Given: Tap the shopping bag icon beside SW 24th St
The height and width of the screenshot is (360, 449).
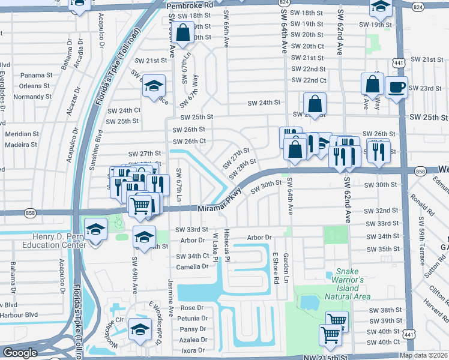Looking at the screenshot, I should pos(315,104).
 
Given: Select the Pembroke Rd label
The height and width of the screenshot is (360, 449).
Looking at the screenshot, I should pos(190,4).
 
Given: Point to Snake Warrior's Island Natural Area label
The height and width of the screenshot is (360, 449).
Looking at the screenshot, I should pos(348,284).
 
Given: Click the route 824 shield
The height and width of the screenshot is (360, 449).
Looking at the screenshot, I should pos(418,6).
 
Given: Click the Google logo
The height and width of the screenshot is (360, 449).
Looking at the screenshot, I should pos(20,353).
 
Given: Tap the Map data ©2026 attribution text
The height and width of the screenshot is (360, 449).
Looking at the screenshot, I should pos(423,355).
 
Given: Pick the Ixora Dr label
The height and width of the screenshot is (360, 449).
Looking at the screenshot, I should pos(192,350).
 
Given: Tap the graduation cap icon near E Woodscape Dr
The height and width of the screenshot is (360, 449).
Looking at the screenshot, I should pos(140,329).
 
